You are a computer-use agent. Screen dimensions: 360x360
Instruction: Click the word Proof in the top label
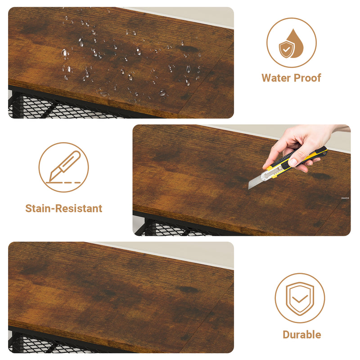[x=307, y=78]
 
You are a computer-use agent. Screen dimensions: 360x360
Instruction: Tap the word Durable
[x=301, y=334]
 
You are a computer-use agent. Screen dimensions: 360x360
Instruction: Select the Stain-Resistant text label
[x=64, y=208]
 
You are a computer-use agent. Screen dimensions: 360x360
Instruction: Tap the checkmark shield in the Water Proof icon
[x=286, y=49]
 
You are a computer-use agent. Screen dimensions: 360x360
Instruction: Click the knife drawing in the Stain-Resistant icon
[x=65, y=166]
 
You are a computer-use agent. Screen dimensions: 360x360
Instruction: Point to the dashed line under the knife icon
[x=63, y=183]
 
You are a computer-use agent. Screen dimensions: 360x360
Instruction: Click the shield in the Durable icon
[x=300, y=299]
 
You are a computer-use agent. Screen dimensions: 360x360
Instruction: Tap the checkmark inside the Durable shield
[x=300, y=299]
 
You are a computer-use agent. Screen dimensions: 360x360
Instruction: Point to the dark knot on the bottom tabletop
[x=188, y=289]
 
